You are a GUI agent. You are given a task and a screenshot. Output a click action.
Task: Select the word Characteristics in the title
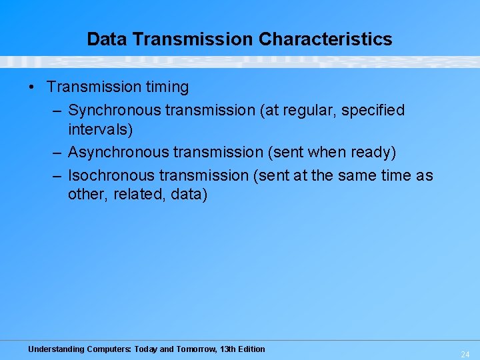pyautogui.click(x=325, y=39)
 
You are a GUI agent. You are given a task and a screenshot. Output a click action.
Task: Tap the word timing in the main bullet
pyautogui.click(x=165, y=87)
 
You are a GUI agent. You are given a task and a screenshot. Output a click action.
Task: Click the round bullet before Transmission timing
pyautogui.click(x=32, y=87)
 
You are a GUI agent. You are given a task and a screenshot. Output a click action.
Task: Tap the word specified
pyautogui.click(x=373, y=110)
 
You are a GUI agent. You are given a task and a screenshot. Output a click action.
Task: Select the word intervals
pyautogui.click(x=100, y=129)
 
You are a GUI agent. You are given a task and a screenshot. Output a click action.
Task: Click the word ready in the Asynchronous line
pyautogui.click(x=374, y=153)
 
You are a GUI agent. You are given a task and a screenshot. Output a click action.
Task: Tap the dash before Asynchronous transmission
pyautogui.click(x=58, y=153)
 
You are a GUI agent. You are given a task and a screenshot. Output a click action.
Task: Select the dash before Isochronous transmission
pyautogui.click(x=58, y=175)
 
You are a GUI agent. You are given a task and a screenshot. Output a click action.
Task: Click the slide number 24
pyautogui.click(x=465, y=355)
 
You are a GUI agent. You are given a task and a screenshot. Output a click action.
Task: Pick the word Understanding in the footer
pyautogui.click(x=56, y=349)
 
